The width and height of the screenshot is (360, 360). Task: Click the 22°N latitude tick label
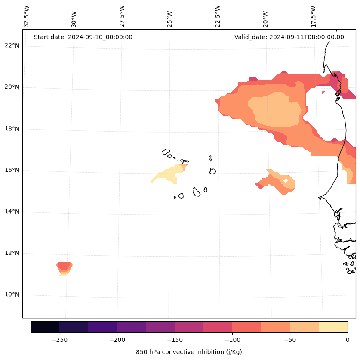point(12,46)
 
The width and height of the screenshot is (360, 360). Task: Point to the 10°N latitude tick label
point(12,295)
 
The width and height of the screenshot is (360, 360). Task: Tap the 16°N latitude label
point(12,170)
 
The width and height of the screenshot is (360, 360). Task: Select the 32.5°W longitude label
point(27,16)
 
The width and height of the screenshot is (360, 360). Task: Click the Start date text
point(83,37)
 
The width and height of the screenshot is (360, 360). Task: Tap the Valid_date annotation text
point(289,37)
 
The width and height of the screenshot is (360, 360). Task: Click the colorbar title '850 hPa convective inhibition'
point(189,352)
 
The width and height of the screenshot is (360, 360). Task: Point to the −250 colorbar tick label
point(59,340)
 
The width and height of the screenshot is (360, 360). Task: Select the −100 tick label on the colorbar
point(232,340)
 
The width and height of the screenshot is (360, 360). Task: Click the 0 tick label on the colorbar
point(347,340)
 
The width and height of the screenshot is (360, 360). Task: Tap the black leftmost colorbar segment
point(45,327)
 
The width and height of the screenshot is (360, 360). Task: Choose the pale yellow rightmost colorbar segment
point(333,327)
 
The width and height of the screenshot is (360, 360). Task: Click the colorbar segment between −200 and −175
point(131,327)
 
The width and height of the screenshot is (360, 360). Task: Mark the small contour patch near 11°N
point(64,267)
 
